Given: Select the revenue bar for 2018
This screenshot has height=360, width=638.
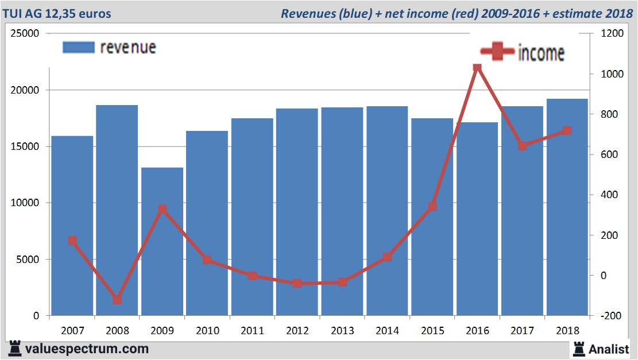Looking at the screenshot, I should (567, 207).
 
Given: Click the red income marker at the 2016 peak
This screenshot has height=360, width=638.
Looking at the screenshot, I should (477, 68).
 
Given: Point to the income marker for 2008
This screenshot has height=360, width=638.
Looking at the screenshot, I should (117, 300).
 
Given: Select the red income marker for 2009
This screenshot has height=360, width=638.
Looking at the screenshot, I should (163, 209).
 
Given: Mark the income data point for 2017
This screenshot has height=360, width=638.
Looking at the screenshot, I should (522, 146).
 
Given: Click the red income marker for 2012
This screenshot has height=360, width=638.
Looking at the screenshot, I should (297, 283).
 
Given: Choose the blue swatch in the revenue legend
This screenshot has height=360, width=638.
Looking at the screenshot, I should (78, 48).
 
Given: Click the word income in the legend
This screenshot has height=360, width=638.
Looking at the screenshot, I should (541, 53).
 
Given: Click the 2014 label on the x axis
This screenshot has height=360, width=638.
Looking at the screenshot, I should (387, 331).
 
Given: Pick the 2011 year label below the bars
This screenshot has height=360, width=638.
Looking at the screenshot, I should (252, 331).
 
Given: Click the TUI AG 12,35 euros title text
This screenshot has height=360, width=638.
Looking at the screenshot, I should (57, 13).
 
